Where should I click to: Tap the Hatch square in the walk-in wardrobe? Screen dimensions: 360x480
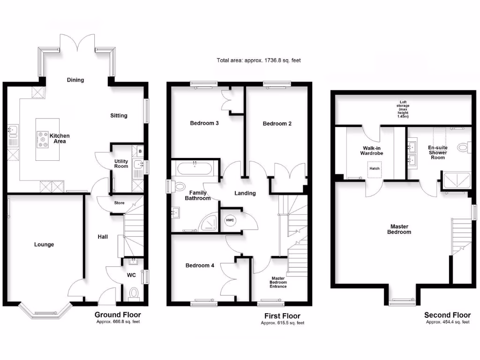375,168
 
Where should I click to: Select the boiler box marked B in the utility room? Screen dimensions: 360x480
140,151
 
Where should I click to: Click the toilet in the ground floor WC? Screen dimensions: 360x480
134,293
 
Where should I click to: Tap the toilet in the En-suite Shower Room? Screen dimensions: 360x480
464,148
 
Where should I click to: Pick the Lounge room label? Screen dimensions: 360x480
44,244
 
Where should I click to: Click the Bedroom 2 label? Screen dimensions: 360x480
277,124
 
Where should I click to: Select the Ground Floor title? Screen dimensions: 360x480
118,315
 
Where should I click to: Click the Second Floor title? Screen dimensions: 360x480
447,315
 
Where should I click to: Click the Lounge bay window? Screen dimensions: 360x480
45,312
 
